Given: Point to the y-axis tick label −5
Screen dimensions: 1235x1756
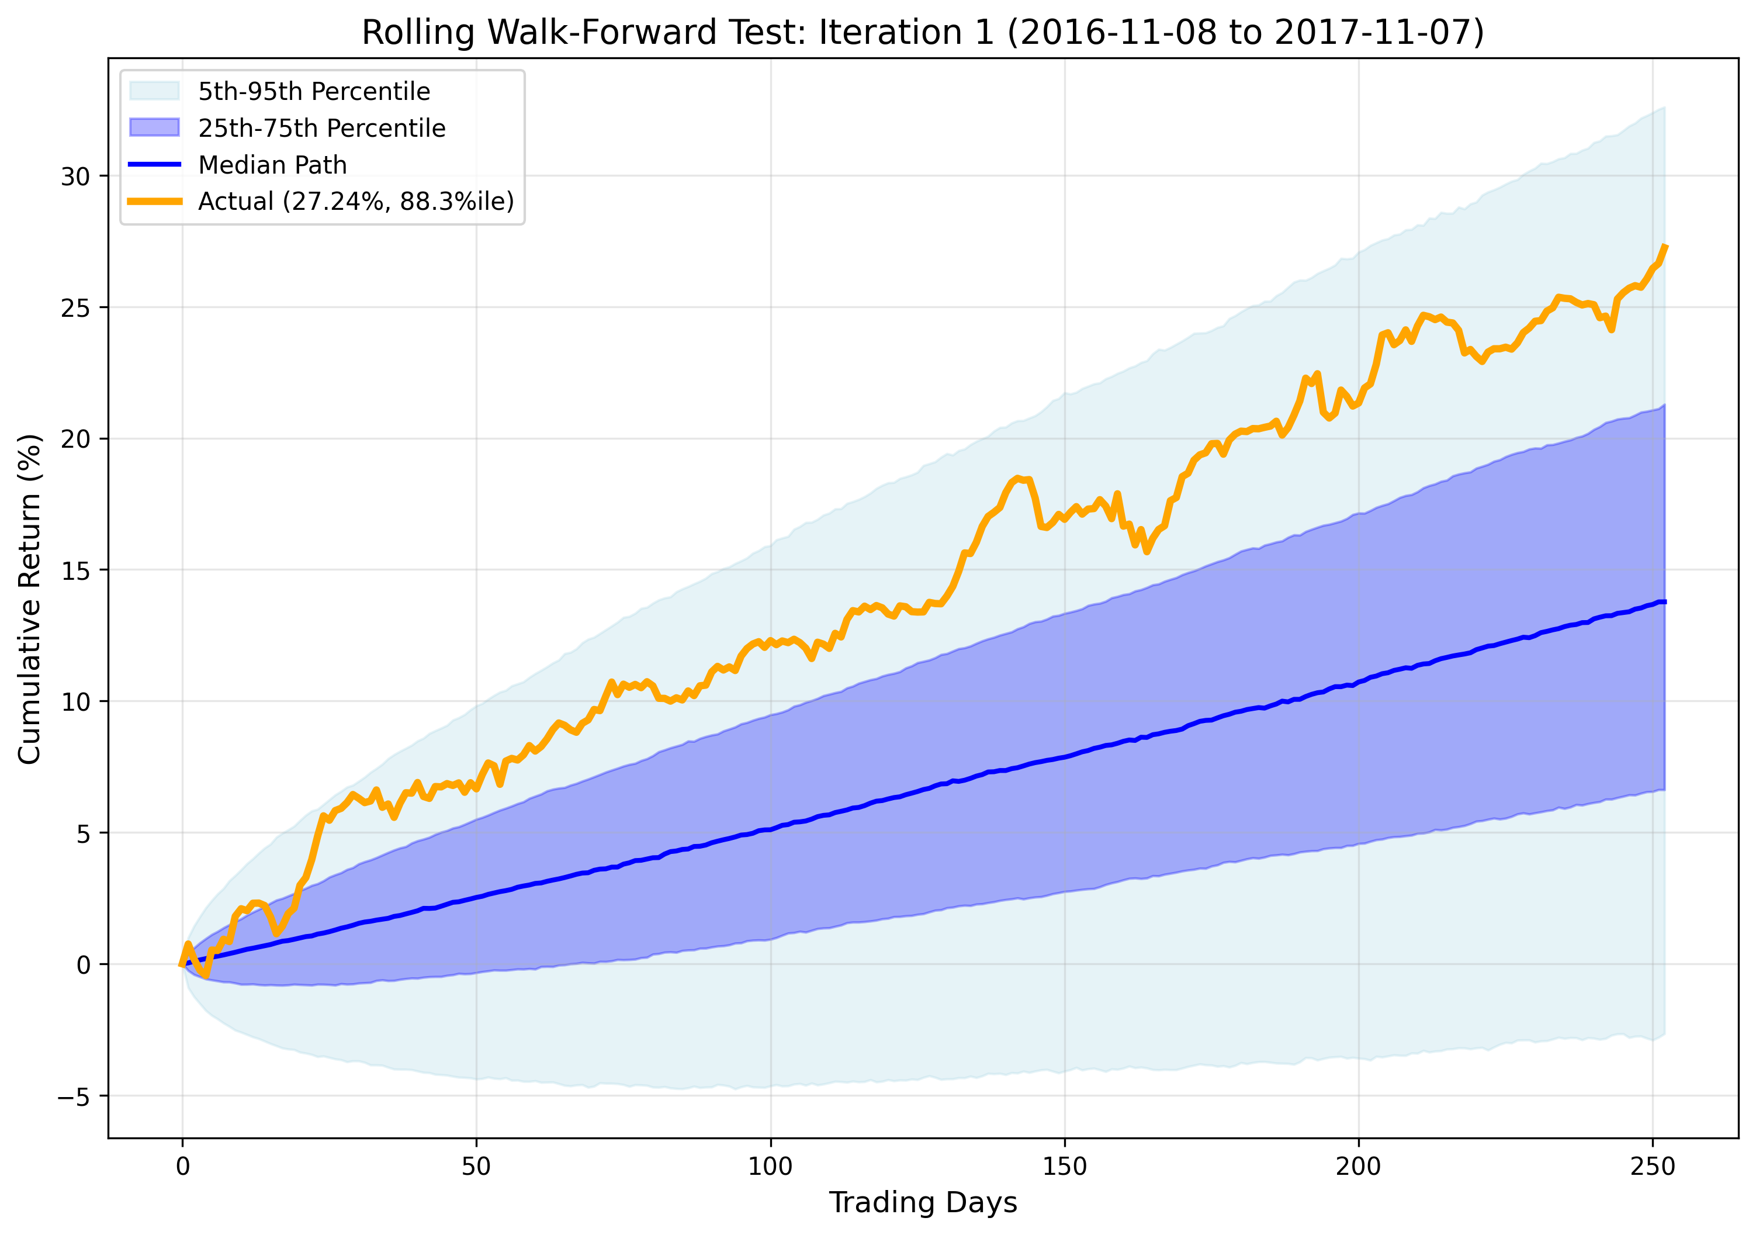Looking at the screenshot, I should [x=74, y=1097].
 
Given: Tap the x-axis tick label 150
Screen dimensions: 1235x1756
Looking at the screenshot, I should [x=1064, y=1167].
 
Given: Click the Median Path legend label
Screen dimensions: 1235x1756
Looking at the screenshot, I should [x=272, y=165].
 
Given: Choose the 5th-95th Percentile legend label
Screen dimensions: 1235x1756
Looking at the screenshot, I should [x=314, y=92].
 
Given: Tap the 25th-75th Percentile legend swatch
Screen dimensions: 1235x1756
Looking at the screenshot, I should [x=154, y=128].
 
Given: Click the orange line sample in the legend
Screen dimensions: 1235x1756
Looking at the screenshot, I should [x=154, y=201].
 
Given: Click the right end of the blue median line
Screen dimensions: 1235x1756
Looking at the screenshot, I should [x=1665, y=602].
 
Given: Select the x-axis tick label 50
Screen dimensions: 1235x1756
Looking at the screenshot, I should [x=476, y=1167].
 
